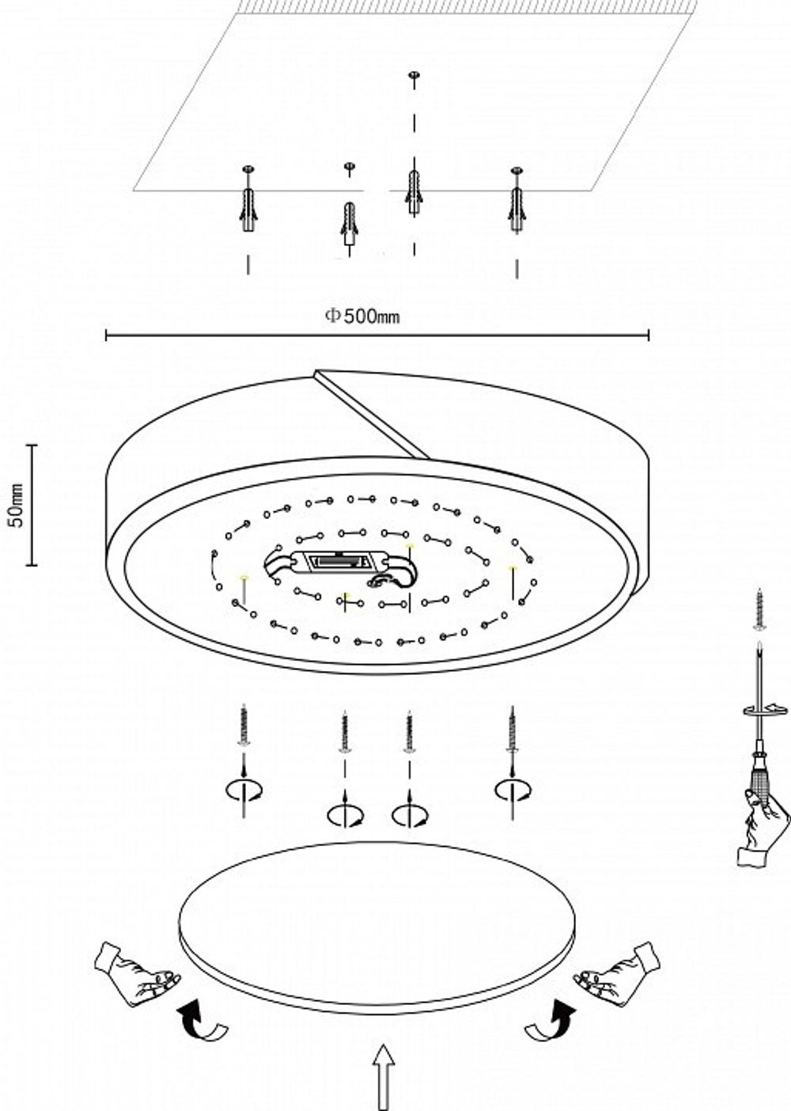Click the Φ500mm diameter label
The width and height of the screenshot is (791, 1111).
[362, 317]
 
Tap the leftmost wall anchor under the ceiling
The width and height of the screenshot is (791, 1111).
[248, 207]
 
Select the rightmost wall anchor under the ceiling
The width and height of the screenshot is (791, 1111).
[517, 208]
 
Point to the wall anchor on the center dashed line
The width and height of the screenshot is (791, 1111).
[413, 190]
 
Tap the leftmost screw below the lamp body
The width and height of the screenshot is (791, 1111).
[244, 726]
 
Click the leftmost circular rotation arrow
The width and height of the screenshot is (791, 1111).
[244, 790]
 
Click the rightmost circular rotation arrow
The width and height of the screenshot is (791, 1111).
[513, 790]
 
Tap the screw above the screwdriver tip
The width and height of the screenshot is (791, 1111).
[759, 609]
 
